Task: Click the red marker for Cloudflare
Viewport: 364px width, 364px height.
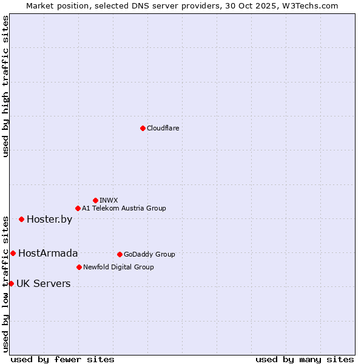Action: click(x=143, y=128)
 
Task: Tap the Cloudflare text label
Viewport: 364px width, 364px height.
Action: click(x=163, y=128)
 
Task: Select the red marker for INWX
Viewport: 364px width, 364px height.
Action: click(x=95, y=200)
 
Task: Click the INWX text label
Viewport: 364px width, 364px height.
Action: click(x=109, y=200)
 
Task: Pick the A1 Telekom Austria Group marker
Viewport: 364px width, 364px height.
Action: click(x=78, y=209)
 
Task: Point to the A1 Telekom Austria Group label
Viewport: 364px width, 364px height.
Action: click(x=124, y=209)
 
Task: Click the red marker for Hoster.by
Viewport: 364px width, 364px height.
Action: click(x=21, y=219)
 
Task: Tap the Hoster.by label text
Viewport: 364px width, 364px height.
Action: click(x=49, y=220)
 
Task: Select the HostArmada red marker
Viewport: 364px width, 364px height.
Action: click(x=13, y=253)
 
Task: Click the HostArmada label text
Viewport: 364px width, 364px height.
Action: click(x=48, y=254)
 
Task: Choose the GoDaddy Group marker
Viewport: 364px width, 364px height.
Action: click(x=120, y=254)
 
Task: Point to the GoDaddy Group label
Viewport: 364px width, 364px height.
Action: click(x=149, y=255)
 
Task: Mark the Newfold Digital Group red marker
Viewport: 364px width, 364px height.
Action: click(x=79, y=267)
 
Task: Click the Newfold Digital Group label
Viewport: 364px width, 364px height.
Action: click(x=118, y=267)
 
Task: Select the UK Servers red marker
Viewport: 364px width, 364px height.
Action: click(x=11, y=283)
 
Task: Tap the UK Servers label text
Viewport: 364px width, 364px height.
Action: click(x=43, y=284)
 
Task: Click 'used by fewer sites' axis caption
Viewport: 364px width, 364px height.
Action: click(x=62, y=360)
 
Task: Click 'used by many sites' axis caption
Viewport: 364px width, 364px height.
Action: click(x=305, y=360)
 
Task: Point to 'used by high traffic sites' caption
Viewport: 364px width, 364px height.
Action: click(x=5, y=86)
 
